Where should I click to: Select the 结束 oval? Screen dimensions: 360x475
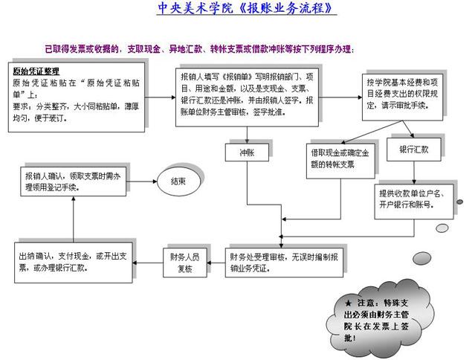[178, 181]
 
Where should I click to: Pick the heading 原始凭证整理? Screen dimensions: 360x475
[36, 72]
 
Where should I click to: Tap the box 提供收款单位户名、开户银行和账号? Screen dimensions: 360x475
[413, 198]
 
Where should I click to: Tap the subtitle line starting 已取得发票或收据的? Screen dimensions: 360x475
[200, 49]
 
